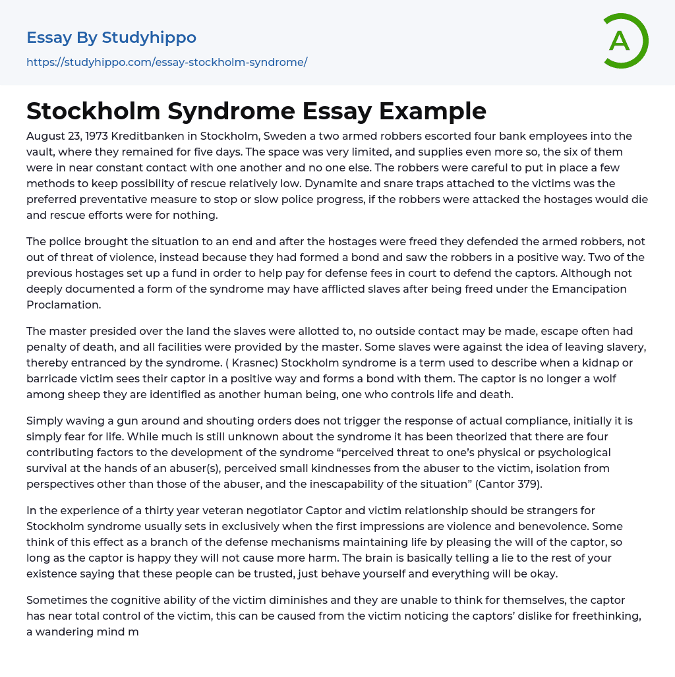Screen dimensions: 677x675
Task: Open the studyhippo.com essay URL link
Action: (x=167, y=63)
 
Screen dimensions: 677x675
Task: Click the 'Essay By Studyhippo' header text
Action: (x=111, y=38)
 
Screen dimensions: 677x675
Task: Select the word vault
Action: (x=41, y=152)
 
